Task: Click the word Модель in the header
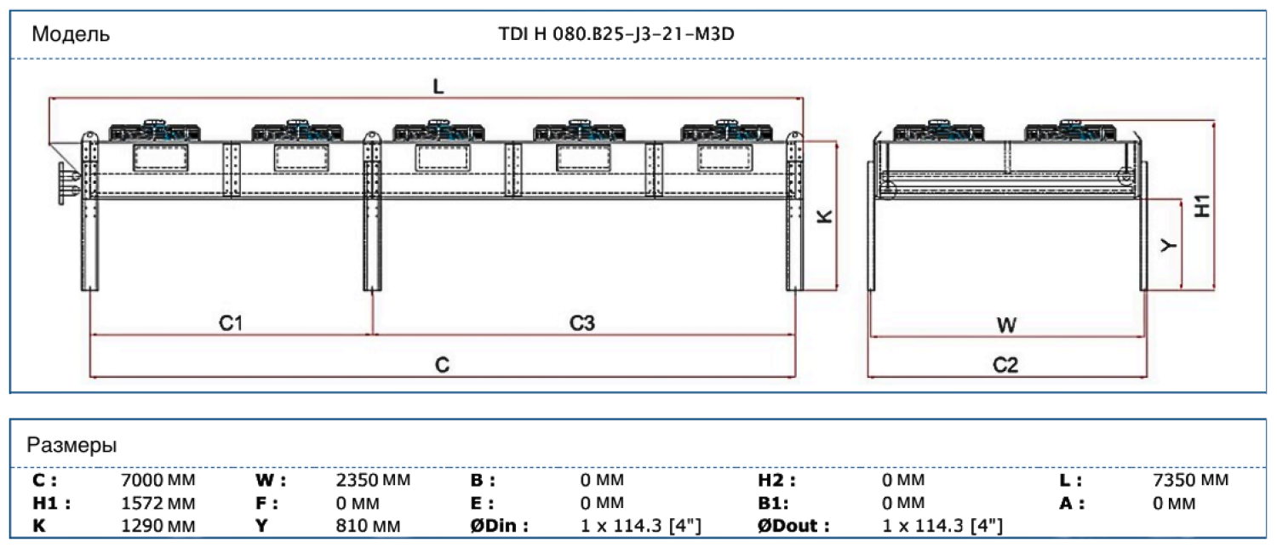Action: [x=71, y=35]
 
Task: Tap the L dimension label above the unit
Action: [x=439, y=86]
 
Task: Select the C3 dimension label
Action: [x=582, y=323]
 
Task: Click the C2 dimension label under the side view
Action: [x=1005, y=365]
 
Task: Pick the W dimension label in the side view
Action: [x=1007, y=324]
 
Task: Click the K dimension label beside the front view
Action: [x=824, y=217]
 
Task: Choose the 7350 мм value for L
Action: [x=1190, y=480]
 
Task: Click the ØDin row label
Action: [x=500, y=526]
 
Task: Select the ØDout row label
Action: [x=793, y=526]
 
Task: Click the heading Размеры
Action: [x=72, y=445]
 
